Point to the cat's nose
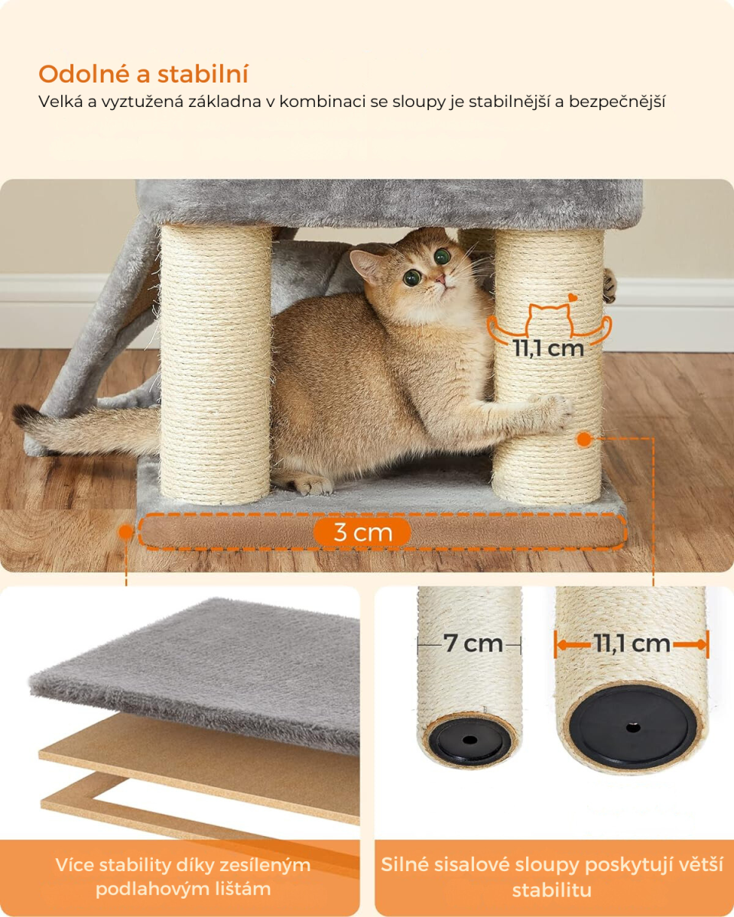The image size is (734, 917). (440, 279)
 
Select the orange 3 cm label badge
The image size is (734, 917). (362, 532)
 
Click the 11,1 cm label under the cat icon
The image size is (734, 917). (548, 348)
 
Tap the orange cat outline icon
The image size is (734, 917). (549, 325)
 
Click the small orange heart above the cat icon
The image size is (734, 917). (573, 297)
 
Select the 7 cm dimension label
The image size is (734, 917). (473, 643)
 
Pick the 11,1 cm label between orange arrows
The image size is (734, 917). (632, 644)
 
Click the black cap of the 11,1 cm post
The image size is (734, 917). (633, 727)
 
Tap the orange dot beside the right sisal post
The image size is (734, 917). (584, 439)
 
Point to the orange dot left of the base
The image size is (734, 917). (126, 531)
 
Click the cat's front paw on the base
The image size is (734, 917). (313, 485)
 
